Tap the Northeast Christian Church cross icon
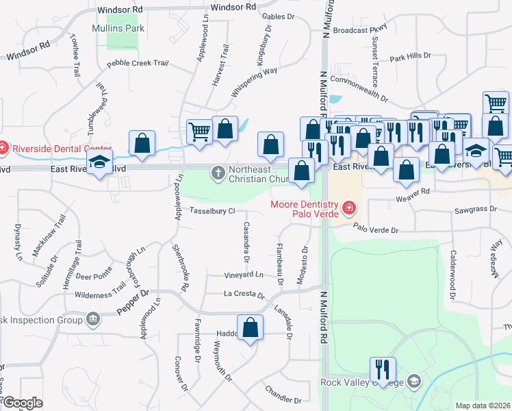pyautogui.click(x=218, y=172)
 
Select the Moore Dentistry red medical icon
pyautogui.click(x=348, y=206)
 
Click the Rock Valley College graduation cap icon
pyautogui.click(x=413, y=380)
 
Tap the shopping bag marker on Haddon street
pyautogui.click(x=250, y=327)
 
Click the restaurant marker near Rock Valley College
pyautogui.click(x=381, y=369)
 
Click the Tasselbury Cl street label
pyautogui.click(x=212, y=211)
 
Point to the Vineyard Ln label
pyautogui.click(x=244, y=275)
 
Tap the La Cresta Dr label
pyautogui.click(x=244, y=295)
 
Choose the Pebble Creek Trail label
pyautogui.click(x=138, y=64)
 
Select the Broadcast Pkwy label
pyautogui.click(x=361, y=30)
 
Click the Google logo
pyautogui.click(x=22, y=403)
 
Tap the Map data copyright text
pyautogui.click(x=483, y=406)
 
